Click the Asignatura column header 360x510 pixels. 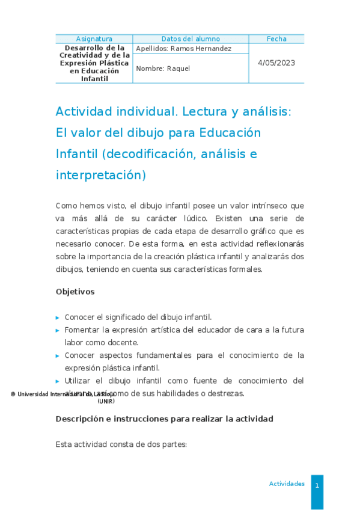coord(94,38)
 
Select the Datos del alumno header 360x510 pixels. coord(191,38)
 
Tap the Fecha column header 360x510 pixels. coord(276,38)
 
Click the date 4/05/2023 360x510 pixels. coord(276,63)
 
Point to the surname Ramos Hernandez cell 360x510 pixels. coord(184,49)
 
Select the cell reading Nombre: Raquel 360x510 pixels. coord(163,69)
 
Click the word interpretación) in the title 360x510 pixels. coord(101,176)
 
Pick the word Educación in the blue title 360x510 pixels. coord(230,133)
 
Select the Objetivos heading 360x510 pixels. coord(75,292)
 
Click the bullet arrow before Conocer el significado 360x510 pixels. coord(58,318)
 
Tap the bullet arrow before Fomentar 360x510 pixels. coord(58,330)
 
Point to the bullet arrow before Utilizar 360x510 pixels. coord(58,381)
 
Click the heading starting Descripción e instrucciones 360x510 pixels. coord(164,419)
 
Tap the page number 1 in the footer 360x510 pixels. coord(317,485)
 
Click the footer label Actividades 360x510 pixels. coord(287,484)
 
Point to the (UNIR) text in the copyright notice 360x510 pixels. coord(106,401)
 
